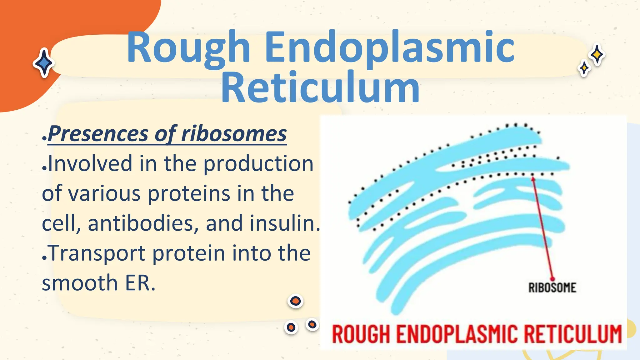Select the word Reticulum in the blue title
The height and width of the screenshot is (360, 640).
tap(320, 87)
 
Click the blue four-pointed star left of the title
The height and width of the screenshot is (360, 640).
tap(44, 63)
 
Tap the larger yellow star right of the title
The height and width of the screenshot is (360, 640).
tap(597, 55)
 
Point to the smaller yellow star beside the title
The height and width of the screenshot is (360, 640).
tap(584, 68)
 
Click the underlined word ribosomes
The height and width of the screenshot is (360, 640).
tap(234, 134)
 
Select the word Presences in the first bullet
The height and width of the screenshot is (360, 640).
tap(98, 134)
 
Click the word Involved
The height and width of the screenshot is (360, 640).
tap(90, 163)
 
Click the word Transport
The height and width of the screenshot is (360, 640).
tap(97, 253)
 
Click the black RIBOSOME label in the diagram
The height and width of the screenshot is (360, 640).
tap(552, 288)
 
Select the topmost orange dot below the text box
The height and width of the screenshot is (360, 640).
tap(295, 301)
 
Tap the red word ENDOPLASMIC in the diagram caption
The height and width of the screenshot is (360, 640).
tap(458, 334)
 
